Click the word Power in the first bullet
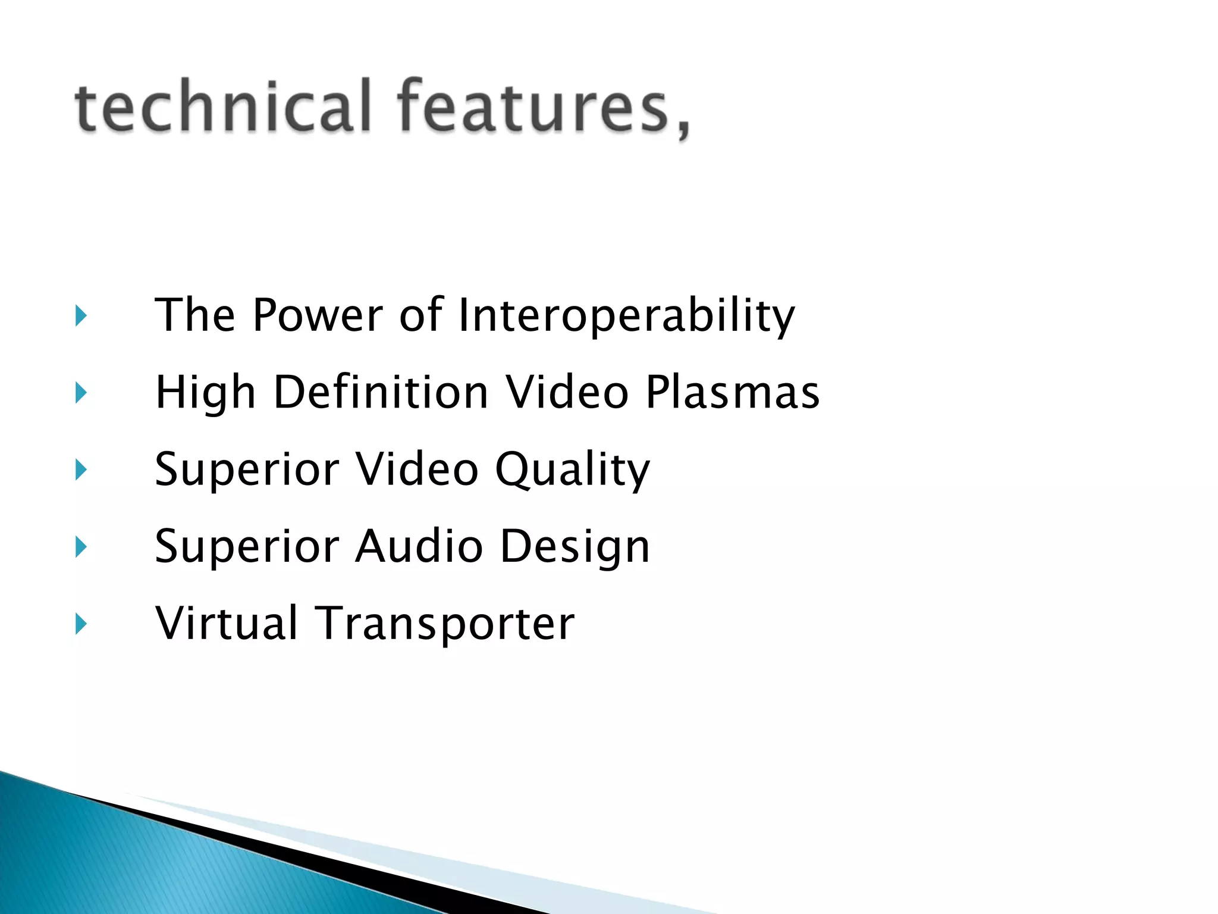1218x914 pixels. point(318,315)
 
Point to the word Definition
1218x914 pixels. point(381,393)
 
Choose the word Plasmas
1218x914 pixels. point(732,393)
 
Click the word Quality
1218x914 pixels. point(572,470)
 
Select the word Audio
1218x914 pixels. point(419,546)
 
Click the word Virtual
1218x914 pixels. point(226,624)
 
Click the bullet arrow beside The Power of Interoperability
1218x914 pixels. point(81,316)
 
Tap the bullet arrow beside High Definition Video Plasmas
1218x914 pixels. point(81,393)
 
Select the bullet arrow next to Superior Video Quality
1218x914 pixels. point(81,470)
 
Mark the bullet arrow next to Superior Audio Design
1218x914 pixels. point(81,547)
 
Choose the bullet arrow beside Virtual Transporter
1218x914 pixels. point(81,624)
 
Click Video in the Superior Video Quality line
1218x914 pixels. point(417,470)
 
